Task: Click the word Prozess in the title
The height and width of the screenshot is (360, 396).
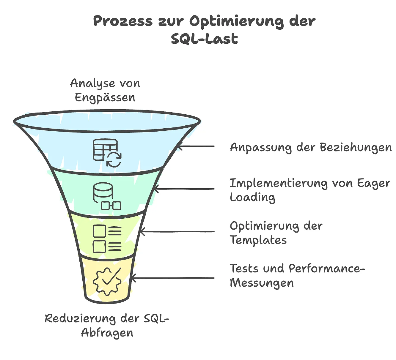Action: (123, 21)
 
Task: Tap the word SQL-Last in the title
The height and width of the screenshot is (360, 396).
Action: (205, 39)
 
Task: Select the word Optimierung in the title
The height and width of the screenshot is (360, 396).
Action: (236, 21)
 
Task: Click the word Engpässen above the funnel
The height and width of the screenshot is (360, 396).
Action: (105, 97)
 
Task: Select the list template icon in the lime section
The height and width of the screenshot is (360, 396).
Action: (107, 239)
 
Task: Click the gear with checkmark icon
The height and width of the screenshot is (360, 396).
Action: (107, 281)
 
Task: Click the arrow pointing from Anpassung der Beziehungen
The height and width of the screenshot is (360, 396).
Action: (196, 146)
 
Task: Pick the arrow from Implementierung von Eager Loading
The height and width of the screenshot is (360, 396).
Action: (184, 189)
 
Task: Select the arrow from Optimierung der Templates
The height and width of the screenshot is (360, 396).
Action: (177, 232)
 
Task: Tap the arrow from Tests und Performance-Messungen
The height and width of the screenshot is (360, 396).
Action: (172, 278)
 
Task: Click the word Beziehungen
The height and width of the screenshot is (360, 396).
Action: (356, 147)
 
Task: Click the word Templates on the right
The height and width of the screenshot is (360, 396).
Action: (258, 240)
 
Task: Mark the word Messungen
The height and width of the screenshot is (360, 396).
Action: (262, 283)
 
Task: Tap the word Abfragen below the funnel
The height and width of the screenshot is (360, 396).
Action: (107, 333)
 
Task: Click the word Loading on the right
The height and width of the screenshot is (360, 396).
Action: (252, 198)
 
